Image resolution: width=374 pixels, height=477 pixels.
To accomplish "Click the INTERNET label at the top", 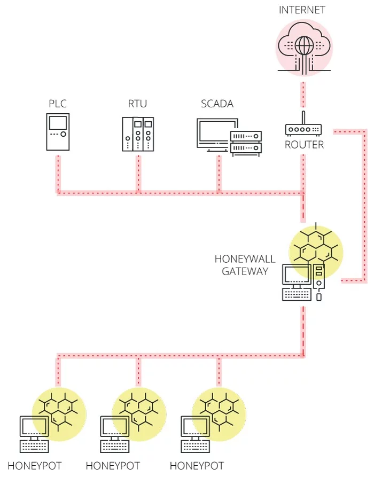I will point(302,10).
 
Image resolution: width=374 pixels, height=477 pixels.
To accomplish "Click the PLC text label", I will point(57,104).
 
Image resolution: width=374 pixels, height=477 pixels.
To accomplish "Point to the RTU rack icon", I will point(138,134).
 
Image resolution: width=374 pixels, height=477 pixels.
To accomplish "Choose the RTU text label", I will point(138,104).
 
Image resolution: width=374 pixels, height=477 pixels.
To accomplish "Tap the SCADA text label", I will point(217,104).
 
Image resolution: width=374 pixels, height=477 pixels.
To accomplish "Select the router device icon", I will point(303,129).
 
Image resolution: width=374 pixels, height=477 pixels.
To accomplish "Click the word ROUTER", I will point(304,145).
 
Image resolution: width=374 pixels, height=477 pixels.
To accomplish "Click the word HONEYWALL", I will point(245,259).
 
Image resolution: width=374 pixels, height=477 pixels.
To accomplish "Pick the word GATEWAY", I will point(245,271).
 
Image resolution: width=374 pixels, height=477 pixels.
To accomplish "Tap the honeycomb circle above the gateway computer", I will point(316,249).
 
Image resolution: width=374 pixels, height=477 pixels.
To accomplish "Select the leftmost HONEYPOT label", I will point(35,466).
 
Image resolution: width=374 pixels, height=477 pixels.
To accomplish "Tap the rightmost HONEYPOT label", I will point(197,466).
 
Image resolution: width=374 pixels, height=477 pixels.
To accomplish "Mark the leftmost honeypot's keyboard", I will point(34,446).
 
